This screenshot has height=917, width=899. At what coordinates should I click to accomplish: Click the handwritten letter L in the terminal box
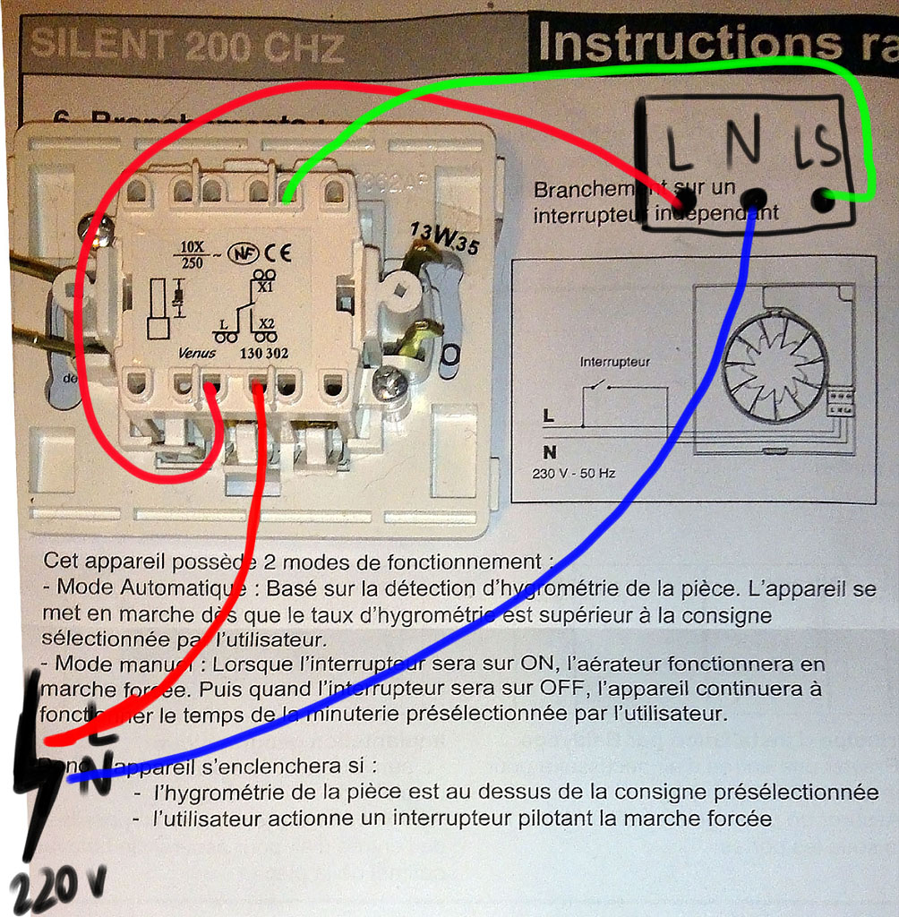tap(677, 147)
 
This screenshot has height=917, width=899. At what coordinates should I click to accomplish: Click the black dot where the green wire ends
tap(822, 199)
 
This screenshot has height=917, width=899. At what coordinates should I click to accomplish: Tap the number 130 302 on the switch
tap(264, 352)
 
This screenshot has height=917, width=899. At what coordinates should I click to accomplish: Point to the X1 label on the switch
tap(264, 288)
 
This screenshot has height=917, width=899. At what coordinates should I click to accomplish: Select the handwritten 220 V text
tap(56, 889)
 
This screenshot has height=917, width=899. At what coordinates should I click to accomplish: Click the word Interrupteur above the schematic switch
tap(614, 363)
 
